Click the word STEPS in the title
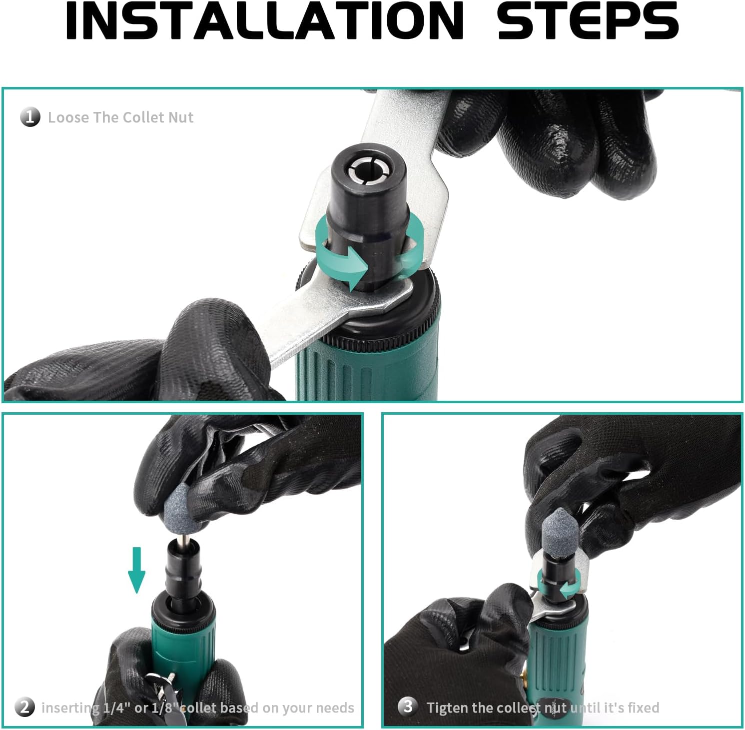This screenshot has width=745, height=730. click(x=588, y=20)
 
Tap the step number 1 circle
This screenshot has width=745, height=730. click(x=30, y=117)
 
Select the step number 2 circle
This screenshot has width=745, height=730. click(x=25, y=707)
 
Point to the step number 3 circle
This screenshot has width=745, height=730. click(x=408, y=707)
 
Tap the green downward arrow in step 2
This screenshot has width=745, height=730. click(x=136, y=570)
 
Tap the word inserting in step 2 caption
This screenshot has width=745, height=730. click(x=70, y=708)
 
